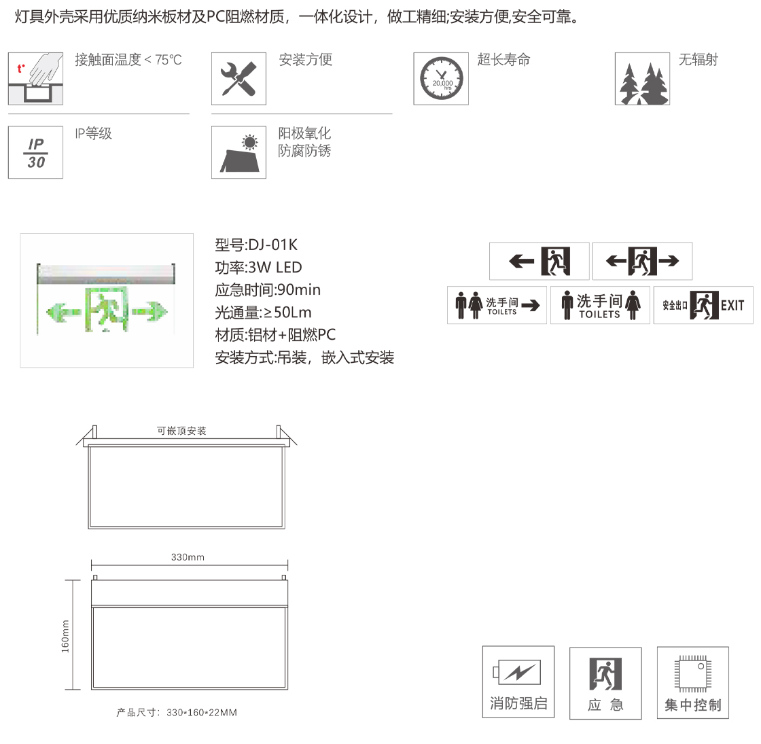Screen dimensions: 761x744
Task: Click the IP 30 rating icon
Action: coord(35,152)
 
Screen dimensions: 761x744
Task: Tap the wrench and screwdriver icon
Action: coord(238,79)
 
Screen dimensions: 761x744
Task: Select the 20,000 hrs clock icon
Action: coord(441,79)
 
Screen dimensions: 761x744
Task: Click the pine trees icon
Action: coord(642,79)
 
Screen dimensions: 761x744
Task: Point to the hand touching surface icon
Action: coord(35,79)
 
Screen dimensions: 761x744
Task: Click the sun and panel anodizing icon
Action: coord(238,152)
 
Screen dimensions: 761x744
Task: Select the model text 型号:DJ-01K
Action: coord(256,245)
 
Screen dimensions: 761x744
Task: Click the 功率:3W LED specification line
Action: coord(259,268)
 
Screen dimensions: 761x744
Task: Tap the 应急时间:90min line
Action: coord(268,289)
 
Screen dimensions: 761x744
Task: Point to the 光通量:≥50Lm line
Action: coord(264,312)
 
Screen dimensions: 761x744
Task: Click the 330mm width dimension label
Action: coord(188,557)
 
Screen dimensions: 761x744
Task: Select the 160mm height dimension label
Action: coord(65,636)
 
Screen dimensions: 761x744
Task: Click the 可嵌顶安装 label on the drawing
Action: coord(181,431)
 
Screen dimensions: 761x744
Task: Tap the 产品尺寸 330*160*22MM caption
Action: coord(177,713)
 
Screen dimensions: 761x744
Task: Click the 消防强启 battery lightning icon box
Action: coord(518,682)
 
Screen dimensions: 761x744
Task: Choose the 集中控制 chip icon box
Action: coord(693,682)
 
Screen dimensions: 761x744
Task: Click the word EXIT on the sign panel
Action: coord(732,306)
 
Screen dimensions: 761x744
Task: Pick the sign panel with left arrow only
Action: coord(539,261)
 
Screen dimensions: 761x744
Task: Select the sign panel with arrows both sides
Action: coord(643,261)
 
